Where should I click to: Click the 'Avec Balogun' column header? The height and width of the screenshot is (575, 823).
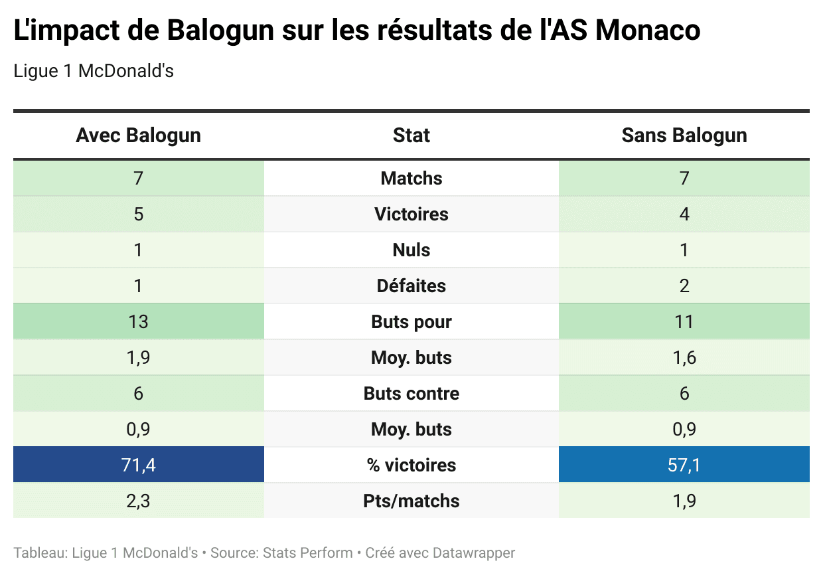point(138,135)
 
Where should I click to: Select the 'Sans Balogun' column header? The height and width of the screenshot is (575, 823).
point(684,135)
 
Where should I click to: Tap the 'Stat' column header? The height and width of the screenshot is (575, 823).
point(411,135)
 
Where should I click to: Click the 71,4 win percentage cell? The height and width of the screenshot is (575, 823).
point(138,465)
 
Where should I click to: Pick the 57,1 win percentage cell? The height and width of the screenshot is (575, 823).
point(684,465)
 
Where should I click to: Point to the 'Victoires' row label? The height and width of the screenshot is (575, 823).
point(411,214)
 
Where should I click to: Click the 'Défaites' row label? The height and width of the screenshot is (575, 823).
point(411,286)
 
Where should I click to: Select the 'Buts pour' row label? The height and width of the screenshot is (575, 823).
point(411,322)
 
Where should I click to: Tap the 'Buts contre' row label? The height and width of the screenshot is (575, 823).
point(411,394)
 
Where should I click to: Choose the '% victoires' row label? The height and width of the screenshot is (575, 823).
point(411,465)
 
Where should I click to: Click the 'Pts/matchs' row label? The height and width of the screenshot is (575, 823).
point(411,501)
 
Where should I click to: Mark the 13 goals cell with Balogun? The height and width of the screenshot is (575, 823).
point(138,322)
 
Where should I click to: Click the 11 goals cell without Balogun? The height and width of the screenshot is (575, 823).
point(684,322)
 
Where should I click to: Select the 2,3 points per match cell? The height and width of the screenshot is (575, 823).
point(138,501)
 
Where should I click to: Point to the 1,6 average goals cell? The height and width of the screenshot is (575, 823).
point(684,358)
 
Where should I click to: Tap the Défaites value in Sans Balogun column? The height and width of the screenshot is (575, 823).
point(684,286)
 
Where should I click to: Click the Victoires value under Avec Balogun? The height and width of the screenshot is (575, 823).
point(138,214)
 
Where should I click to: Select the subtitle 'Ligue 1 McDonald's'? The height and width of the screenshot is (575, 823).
point(94,71)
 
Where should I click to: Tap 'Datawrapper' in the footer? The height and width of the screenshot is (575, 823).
point(474,552)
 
